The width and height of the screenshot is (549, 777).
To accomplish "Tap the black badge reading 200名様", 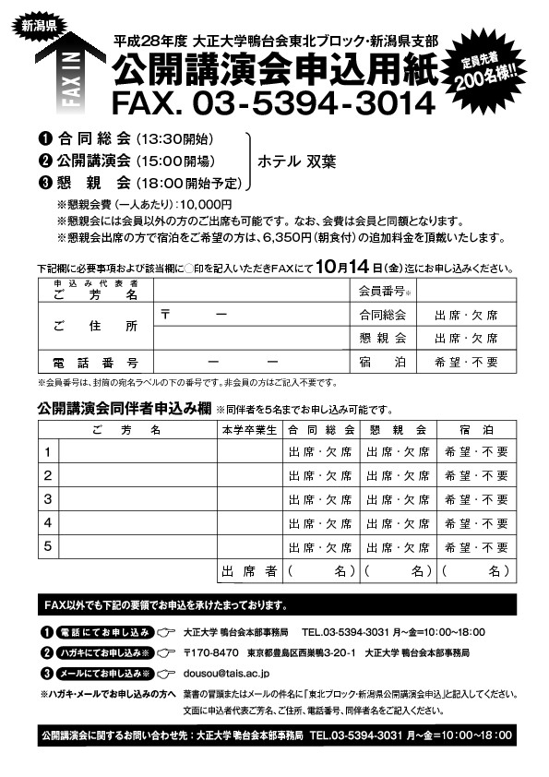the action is pyautogui.click(x=497, y=73).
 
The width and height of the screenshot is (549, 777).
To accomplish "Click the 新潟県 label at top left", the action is pyautogui.click(x=39, y=25).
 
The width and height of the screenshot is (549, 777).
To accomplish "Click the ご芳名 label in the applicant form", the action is pyautogui.click(x=94, y=293).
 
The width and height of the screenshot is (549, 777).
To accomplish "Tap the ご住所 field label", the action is pyautogui.click(x=94, y=327).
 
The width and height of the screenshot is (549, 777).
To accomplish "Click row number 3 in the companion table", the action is pyautogui.click(x=48, y=499).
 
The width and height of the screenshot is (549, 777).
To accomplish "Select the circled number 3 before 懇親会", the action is pyautogui.click(x=43, y=182).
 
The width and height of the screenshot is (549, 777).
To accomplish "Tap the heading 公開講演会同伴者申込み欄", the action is pyautogui.click(x=124, y=408).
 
